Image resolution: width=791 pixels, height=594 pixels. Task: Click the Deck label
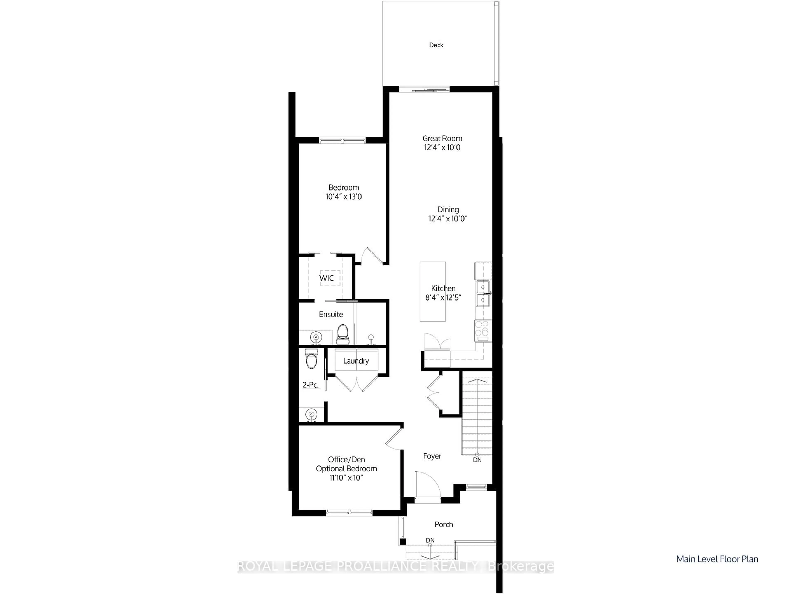436,45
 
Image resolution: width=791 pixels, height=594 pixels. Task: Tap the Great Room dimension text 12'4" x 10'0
442,147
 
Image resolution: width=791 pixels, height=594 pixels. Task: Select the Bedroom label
343,187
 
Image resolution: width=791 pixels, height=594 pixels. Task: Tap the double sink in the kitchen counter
483,293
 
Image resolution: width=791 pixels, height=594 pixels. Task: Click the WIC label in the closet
326,278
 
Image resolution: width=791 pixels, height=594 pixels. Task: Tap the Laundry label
356,361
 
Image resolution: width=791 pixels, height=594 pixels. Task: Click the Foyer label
432,456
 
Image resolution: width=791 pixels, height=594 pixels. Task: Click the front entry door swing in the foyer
428,485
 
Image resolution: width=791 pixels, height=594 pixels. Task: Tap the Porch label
443,524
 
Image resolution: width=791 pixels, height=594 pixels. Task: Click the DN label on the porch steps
430,540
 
